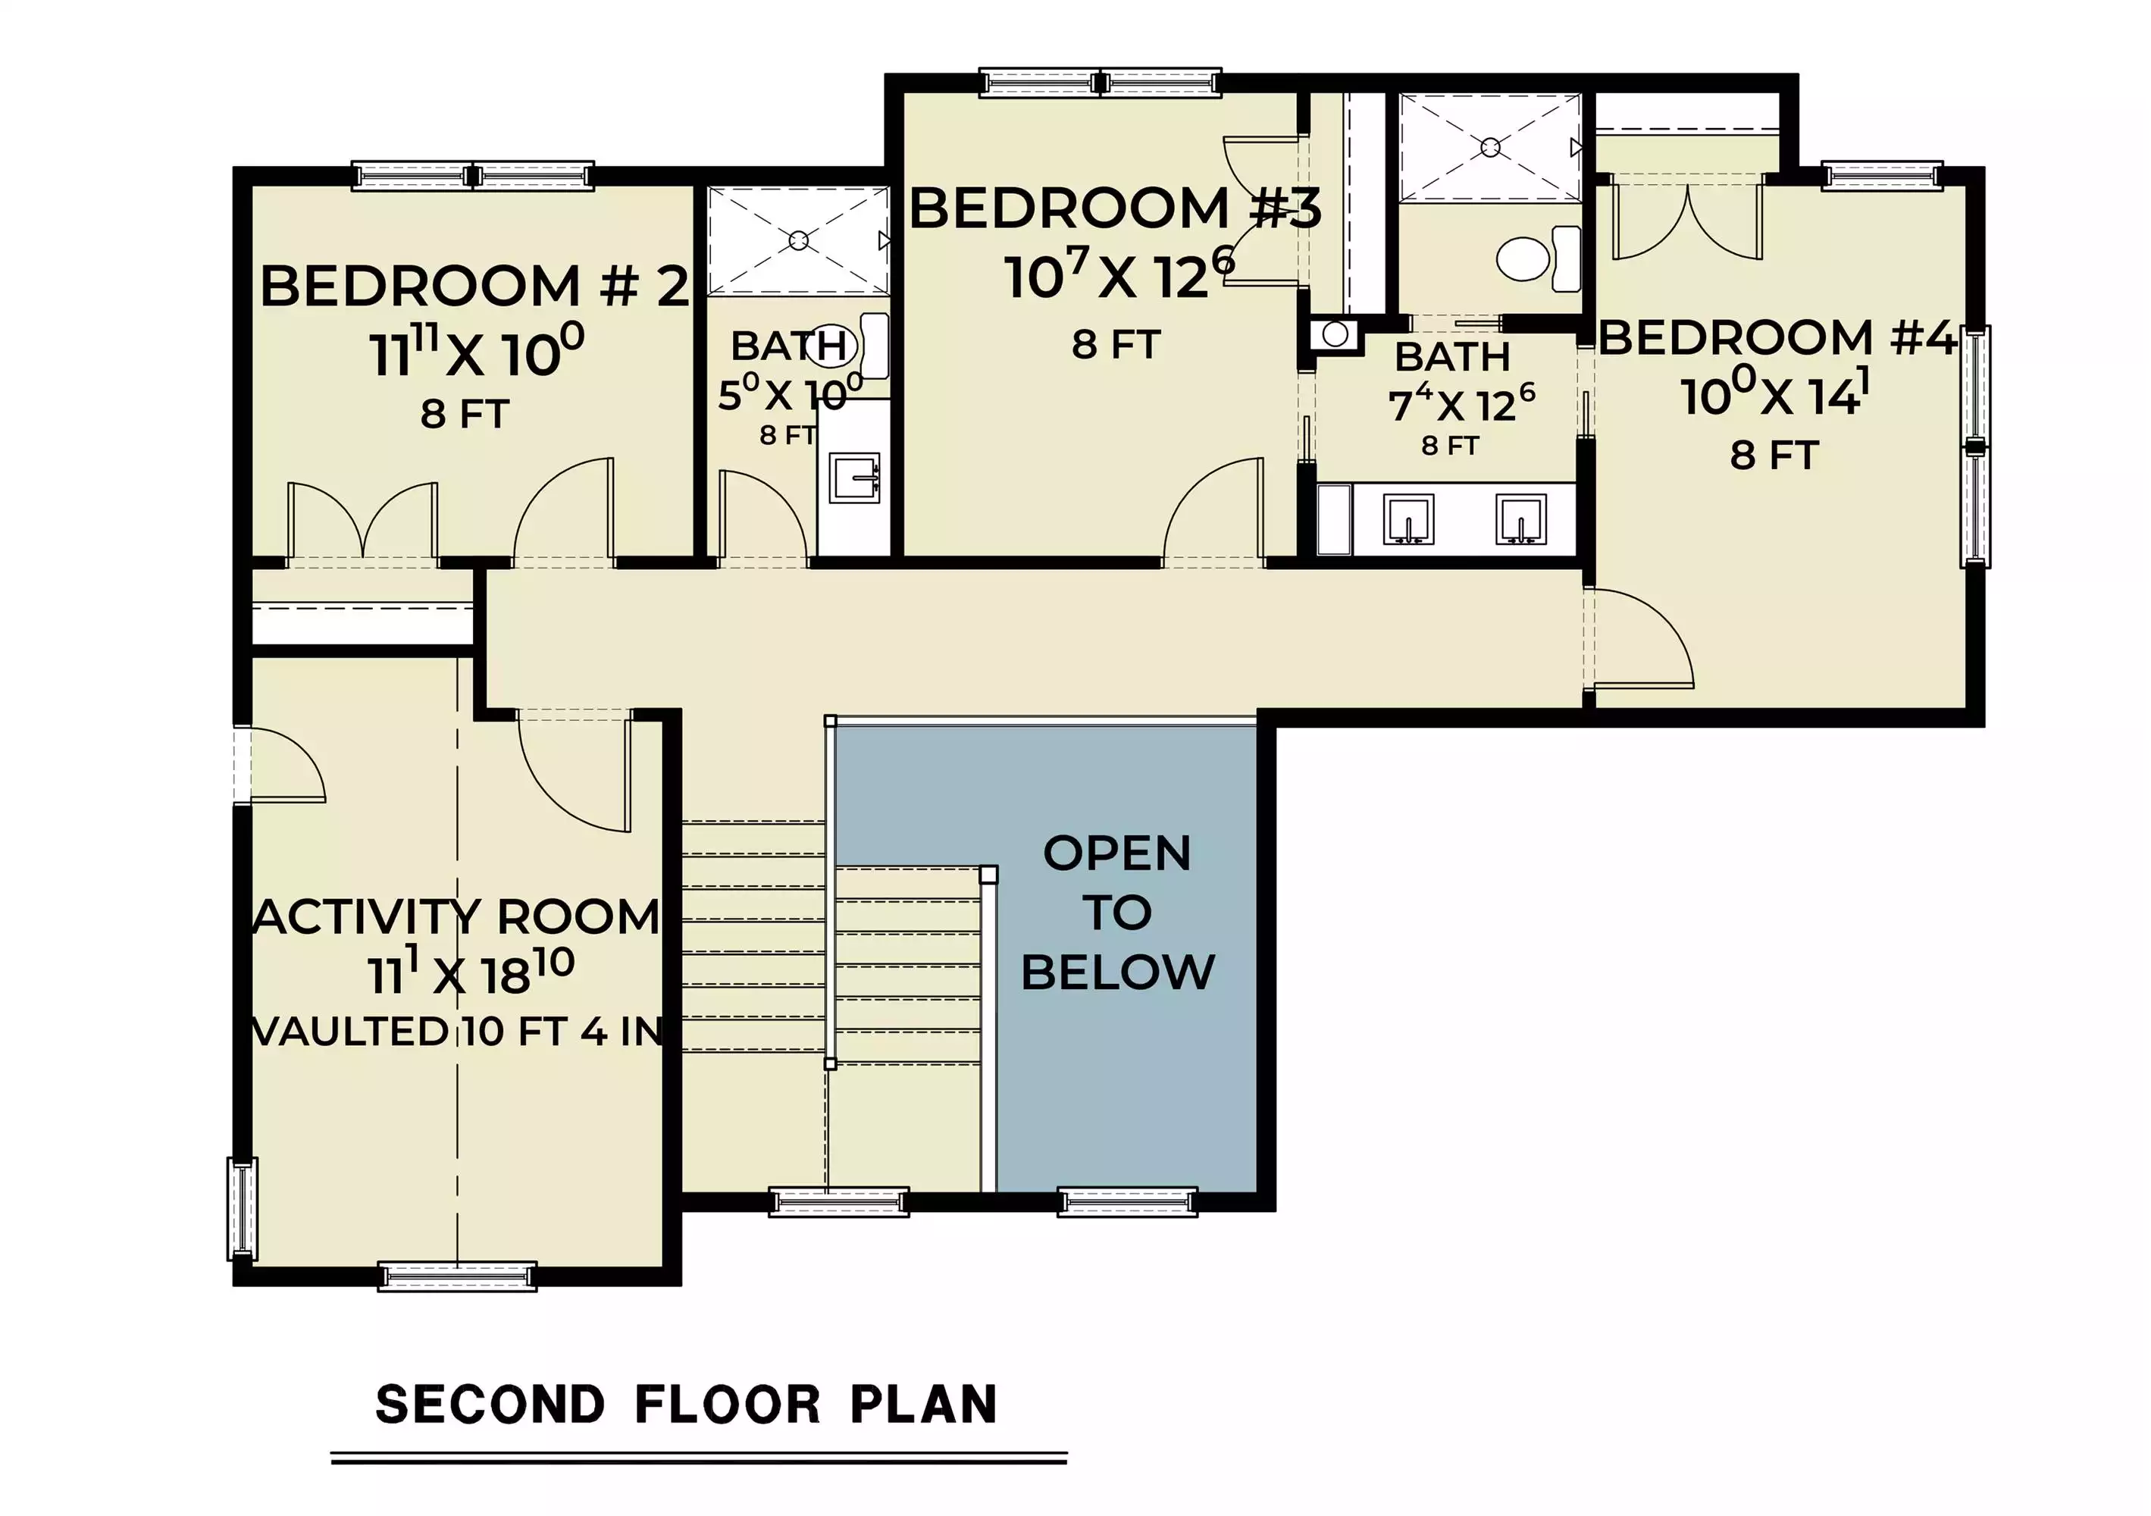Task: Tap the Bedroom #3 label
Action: tap(1115, 208)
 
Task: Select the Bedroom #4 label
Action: tap(1777, 337)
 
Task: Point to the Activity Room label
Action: tap(457, 916)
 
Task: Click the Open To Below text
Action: tap(1118, 913)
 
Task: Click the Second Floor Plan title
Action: tap(687, 1405)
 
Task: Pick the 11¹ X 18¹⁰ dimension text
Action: tap(471, 973)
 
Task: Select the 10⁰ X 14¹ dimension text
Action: tap(1775, 393)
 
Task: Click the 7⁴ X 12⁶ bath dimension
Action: tap(1461, 404)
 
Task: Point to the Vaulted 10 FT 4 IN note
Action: tap(457, 1032)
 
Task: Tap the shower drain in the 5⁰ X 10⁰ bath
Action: tap(798, 241)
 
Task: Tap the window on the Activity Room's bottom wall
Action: tap(457, 1276)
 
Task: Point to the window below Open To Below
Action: tap(1127, 1201)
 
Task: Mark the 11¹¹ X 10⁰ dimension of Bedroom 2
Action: tap(477, 352)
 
